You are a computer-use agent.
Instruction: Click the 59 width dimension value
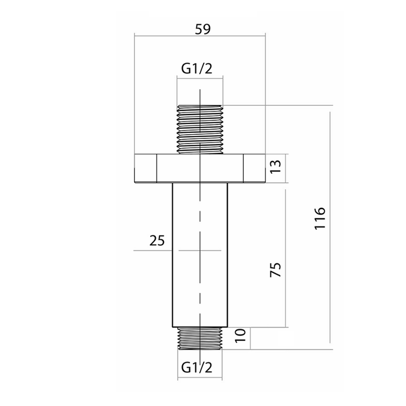(203, 29)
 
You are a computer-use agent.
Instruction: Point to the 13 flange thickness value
(276, 167)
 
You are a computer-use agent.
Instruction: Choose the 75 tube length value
(276, 270)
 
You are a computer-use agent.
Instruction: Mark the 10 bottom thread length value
(240, 336)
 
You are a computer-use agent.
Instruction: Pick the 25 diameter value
(157, 241)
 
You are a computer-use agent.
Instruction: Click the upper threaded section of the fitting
(200, 129)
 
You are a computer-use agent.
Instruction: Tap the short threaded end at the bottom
(200, 338)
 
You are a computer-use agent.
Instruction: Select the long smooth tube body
(200, 254)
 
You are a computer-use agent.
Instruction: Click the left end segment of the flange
(145, 168)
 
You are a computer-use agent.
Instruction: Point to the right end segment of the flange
(254, 168)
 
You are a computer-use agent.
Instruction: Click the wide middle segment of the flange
(200, 168)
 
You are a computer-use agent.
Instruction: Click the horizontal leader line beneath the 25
(153, 251)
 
